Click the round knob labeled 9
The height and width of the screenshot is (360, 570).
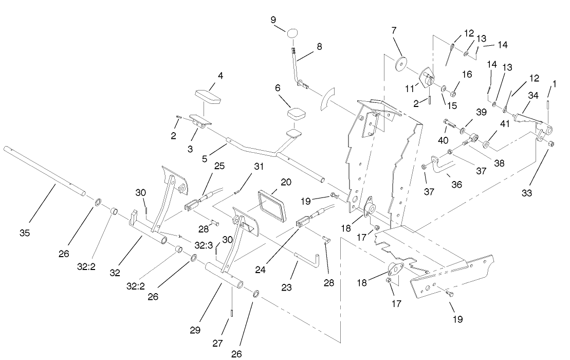click(x=293, y=33)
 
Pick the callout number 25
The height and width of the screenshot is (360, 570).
click(x=219, y=166)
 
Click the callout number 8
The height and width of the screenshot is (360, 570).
click(x=319, y=46)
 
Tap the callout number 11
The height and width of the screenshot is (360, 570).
click(x=410, y=88)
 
